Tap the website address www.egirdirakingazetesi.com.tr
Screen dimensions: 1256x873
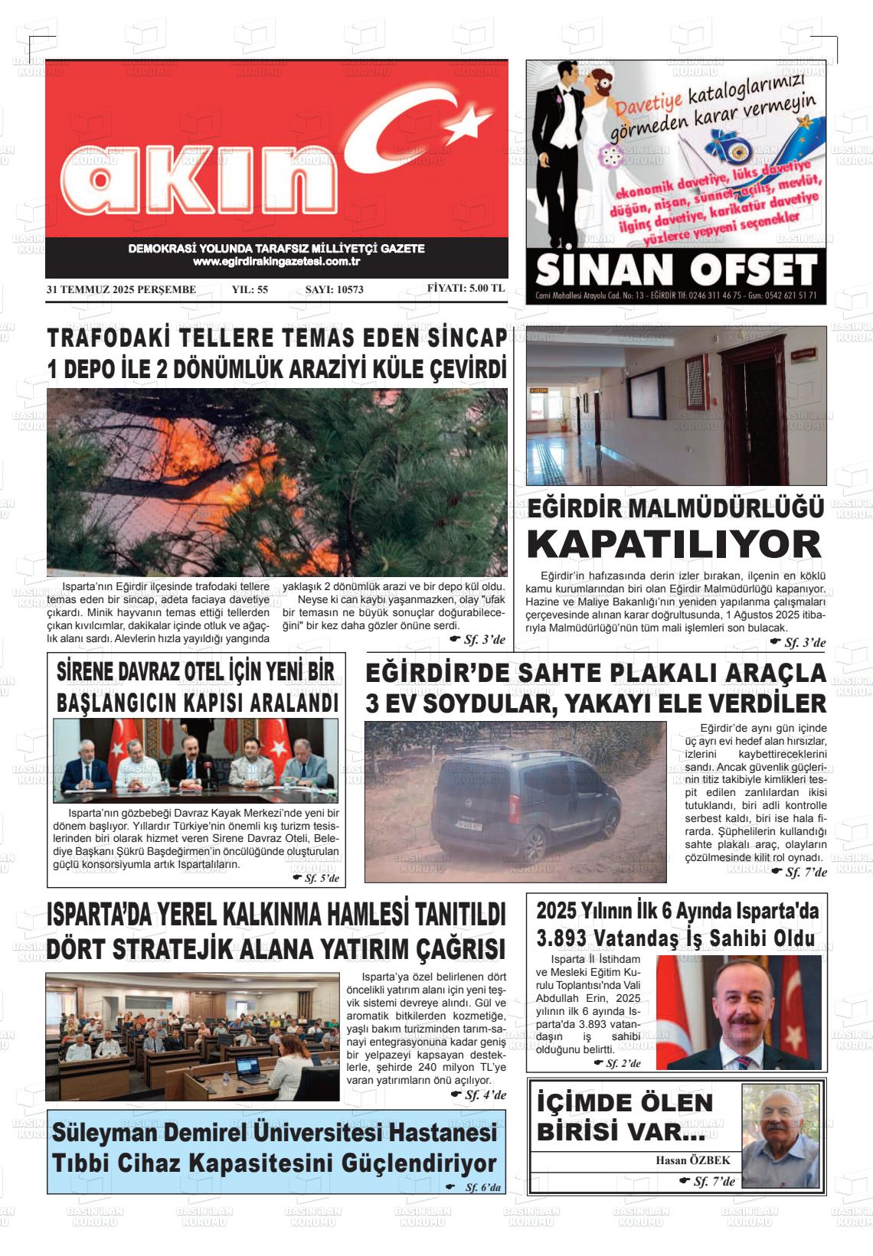pos(276,262)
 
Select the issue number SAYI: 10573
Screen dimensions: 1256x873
pos(334,290)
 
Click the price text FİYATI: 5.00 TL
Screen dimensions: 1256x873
pos(466,289)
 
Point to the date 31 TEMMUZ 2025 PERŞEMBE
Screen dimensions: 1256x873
pos(121,290)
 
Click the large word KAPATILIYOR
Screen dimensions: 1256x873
pos(675,544)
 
